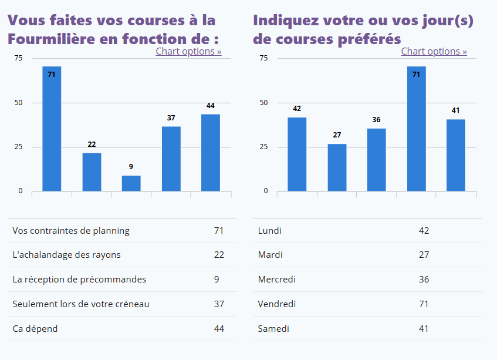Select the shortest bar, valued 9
[131, 183]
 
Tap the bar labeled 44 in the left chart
[211, 153]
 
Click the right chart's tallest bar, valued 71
[416, 129]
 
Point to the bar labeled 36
[377, 160]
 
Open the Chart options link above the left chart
[188, 51]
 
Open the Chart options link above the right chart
[434, 51]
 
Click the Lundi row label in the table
[270, 231]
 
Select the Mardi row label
[271, 255]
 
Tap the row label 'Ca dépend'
[35, 329]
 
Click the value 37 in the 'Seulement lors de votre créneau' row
[219, 304]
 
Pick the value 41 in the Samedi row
[424, 329]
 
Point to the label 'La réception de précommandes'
[79, 280]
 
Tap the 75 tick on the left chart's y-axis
[19, 58]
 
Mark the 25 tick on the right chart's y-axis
[264, 147]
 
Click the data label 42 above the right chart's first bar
[297, 109]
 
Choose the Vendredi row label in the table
[277, 304]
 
